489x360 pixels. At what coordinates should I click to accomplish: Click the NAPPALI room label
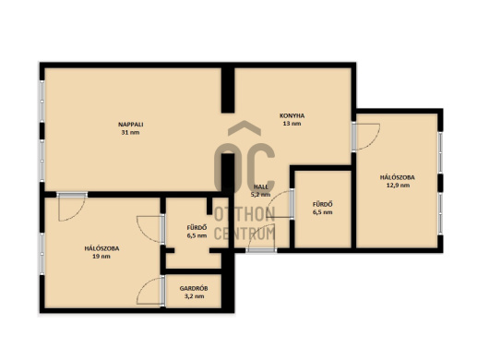tap(131, 125)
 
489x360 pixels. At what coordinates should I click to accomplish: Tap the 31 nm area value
tap(131, 132)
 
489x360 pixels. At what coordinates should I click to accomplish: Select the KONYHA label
tap(292, 115)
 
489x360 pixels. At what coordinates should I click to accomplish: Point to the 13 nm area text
tap(292, 124)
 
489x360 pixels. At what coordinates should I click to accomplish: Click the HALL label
tap(261, 186)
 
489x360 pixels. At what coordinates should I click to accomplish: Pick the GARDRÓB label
tap(194, 289)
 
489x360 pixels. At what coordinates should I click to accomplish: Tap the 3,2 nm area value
tap(194, 296)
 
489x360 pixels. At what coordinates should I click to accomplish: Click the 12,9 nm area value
tap(398, 186)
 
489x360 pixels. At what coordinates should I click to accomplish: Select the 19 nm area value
tap(101, 257)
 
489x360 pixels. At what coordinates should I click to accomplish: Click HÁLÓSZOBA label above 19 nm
tap(101, 248)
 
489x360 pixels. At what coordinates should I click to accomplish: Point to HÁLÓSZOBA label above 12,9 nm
tap(398, 177)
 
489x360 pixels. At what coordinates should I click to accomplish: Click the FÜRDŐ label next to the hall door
tap(323, 204)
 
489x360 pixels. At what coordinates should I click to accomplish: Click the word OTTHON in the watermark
tap(244, 214)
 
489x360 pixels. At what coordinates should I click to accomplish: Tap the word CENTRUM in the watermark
tap(244, 234)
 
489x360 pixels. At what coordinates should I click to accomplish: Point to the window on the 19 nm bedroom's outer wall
tap(42, 254)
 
